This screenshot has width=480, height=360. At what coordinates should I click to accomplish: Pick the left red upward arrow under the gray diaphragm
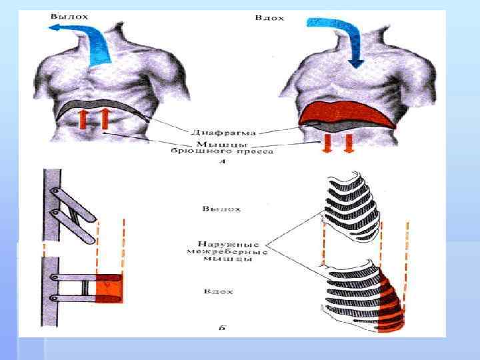pyautogui.click(x=83, y=121)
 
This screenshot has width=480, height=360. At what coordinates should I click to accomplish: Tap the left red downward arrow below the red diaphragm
pyautogui.click(x=327, y=141)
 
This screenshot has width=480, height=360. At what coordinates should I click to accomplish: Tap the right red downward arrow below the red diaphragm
pyautogui.click(x=347, y=141)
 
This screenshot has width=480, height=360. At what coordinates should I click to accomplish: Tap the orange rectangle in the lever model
pyautogui.click(x=108, y=288)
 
